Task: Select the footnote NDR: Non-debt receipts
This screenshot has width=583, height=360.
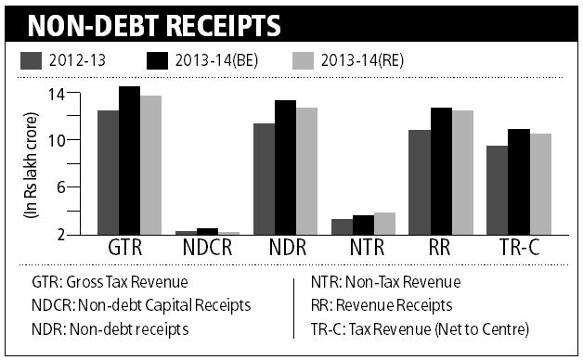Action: click(101, 328)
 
